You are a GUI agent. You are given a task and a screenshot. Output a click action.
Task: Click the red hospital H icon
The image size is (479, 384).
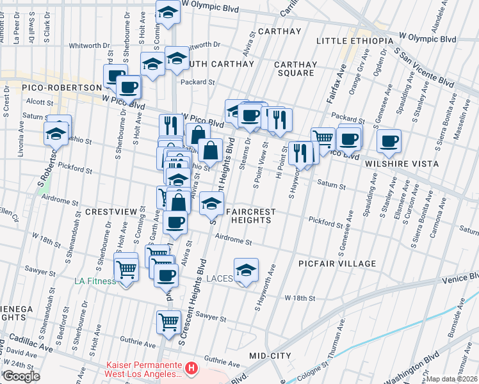pos(191,369)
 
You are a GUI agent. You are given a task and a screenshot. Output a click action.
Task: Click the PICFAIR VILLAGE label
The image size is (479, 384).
pos(337,264)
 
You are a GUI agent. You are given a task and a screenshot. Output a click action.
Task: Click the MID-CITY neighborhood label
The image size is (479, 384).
pos(271,355)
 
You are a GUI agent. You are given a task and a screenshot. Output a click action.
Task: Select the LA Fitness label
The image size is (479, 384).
pos(95,281)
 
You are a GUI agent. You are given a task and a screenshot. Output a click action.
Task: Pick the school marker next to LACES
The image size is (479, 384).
pos(245,270)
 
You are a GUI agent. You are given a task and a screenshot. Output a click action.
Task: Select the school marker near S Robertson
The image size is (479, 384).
pos(56,133)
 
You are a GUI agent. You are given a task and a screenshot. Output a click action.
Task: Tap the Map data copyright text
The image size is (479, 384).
pos(452,379)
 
